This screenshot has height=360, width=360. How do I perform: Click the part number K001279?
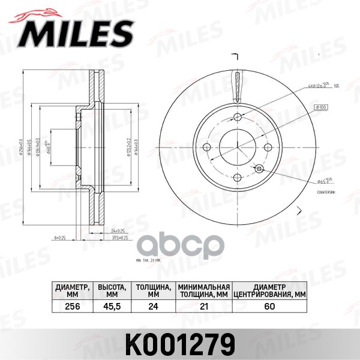pyautogui.click(x=180, y=343)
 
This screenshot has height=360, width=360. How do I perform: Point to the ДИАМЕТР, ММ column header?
pyautogui.click(x=73, y=291)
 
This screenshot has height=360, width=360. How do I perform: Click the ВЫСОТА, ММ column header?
pyautogui.click(x=112, y=291)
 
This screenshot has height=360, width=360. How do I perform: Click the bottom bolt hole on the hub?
pyautogui.click(x=238, y=177)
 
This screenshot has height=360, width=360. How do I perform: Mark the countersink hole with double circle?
pyautogui.click(x=259, y=169)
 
